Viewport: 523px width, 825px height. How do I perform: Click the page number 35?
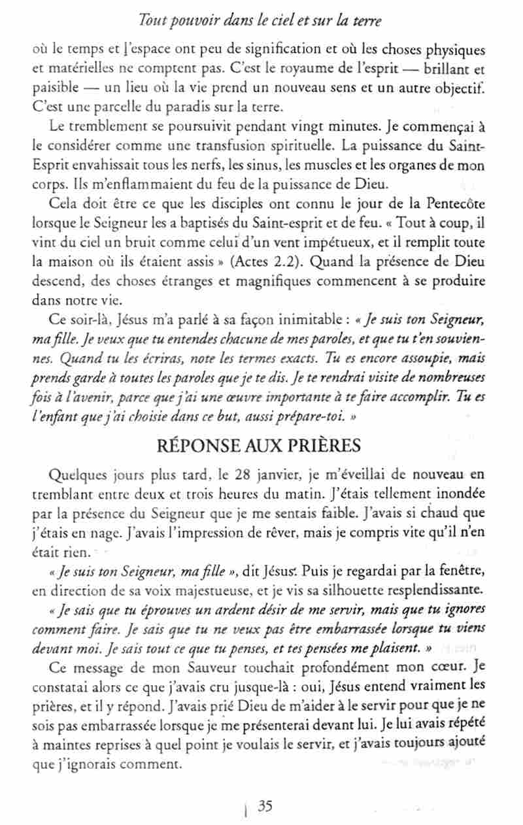[x=265, y=806]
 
